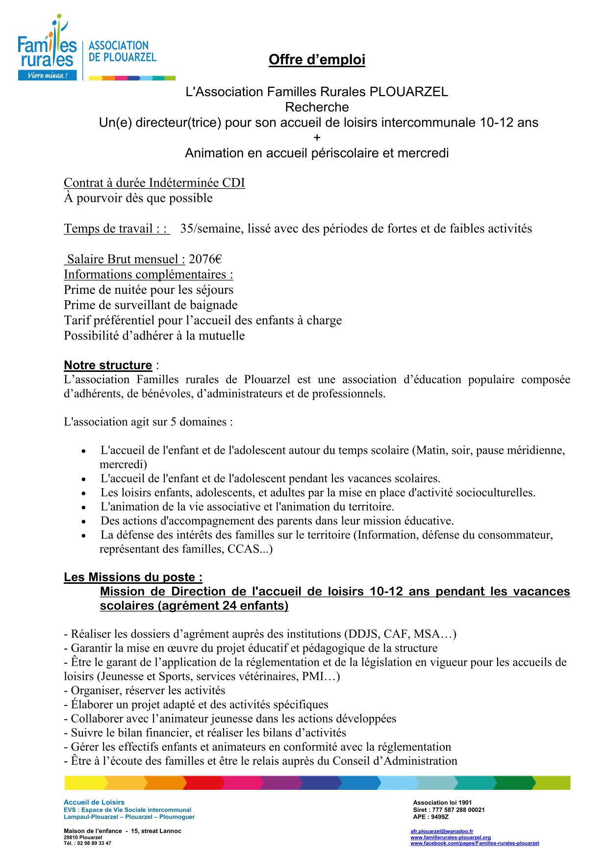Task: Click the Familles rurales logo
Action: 47,49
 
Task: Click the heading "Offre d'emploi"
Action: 317,60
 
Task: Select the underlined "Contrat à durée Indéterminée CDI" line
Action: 154,183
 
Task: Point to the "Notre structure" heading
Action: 108,365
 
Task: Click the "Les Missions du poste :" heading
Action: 133,577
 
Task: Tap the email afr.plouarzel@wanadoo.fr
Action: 441,832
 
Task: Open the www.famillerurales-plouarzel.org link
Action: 450,837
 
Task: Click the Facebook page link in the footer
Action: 474,843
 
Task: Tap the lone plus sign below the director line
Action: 317,138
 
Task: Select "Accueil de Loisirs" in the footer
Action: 94,803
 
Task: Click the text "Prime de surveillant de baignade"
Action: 151,305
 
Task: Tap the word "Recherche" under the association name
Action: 317,107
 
